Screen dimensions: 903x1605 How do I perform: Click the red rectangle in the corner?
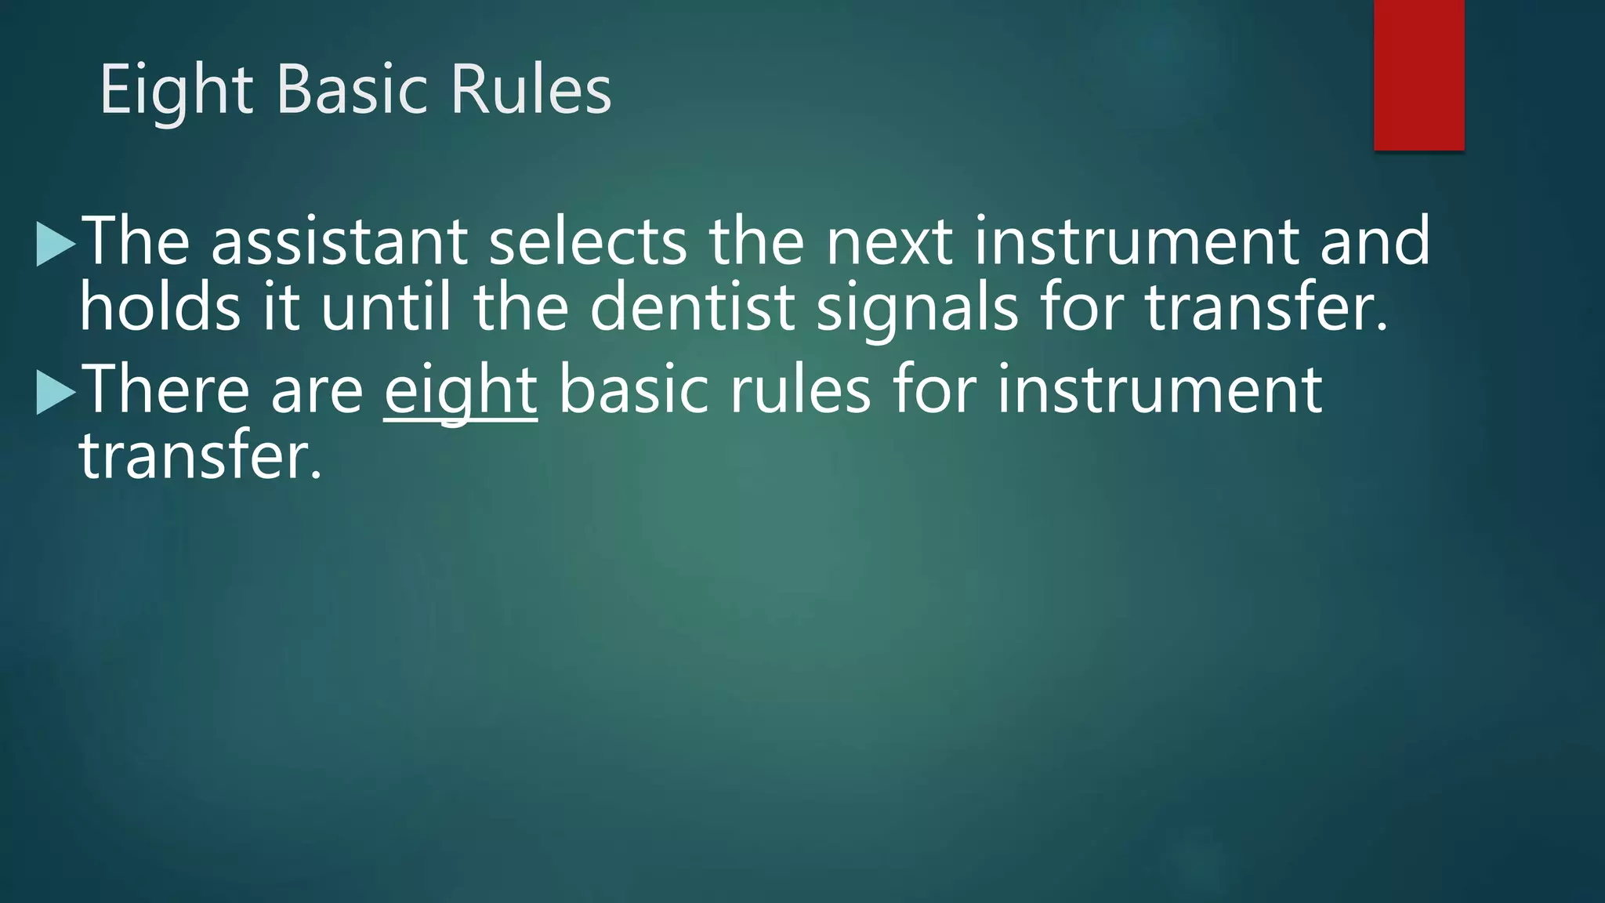point(1418,74)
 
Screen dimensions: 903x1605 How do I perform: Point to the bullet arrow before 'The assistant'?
point(56,244)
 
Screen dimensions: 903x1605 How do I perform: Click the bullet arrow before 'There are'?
point(56,392)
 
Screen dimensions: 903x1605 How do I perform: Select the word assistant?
point(339,241)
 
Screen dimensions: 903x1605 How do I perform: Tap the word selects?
point(588,241)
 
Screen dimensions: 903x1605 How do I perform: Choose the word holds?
point(160,307)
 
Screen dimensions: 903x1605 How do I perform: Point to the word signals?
point(917,307)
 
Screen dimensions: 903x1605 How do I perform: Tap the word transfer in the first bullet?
point(1266,307)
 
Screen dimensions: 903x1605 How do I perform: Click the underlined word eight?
point(460,391)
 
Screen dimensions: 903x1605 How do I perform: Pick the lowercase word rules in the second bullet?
point(800,390)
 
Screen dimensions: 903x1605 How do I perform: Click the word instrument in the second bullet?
point(1159,390)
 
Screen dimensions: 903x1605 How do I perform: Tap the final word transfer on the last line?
point(201,456)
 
